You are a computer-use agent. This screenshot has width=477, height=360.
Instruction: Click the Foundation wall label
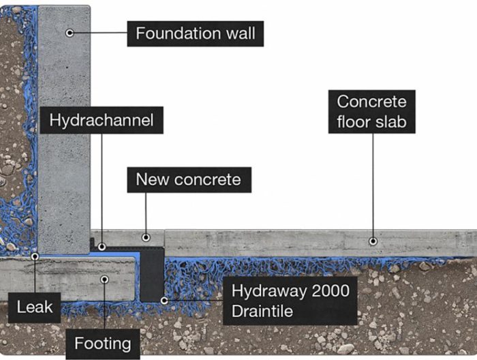195,33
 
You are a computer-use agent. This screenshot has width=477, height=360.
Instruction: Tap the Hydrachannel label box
101,122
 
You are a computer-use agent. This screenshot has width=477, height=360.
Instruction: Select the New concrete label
188,180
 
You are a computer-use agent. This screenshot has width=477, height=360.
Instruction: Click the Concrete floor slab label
371,112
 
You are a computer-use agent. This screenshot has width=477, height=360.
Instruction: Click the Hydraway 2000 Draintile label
290,301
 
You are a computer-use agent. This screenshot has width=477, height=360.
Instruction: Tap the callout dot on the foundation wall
70,33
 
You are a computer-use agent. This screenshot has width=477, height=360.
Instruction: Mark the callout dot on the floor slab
372,241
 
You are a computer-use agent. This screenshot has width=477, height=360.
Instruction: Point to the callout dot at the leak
34,258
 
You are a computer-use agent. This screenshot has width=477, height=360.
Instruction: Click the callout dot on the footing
104,278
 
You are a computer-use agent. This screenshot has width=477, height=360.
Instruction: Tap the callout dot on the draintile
164,299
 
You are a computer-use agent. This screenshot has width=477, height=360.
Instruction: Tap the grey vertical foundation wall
64,136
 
